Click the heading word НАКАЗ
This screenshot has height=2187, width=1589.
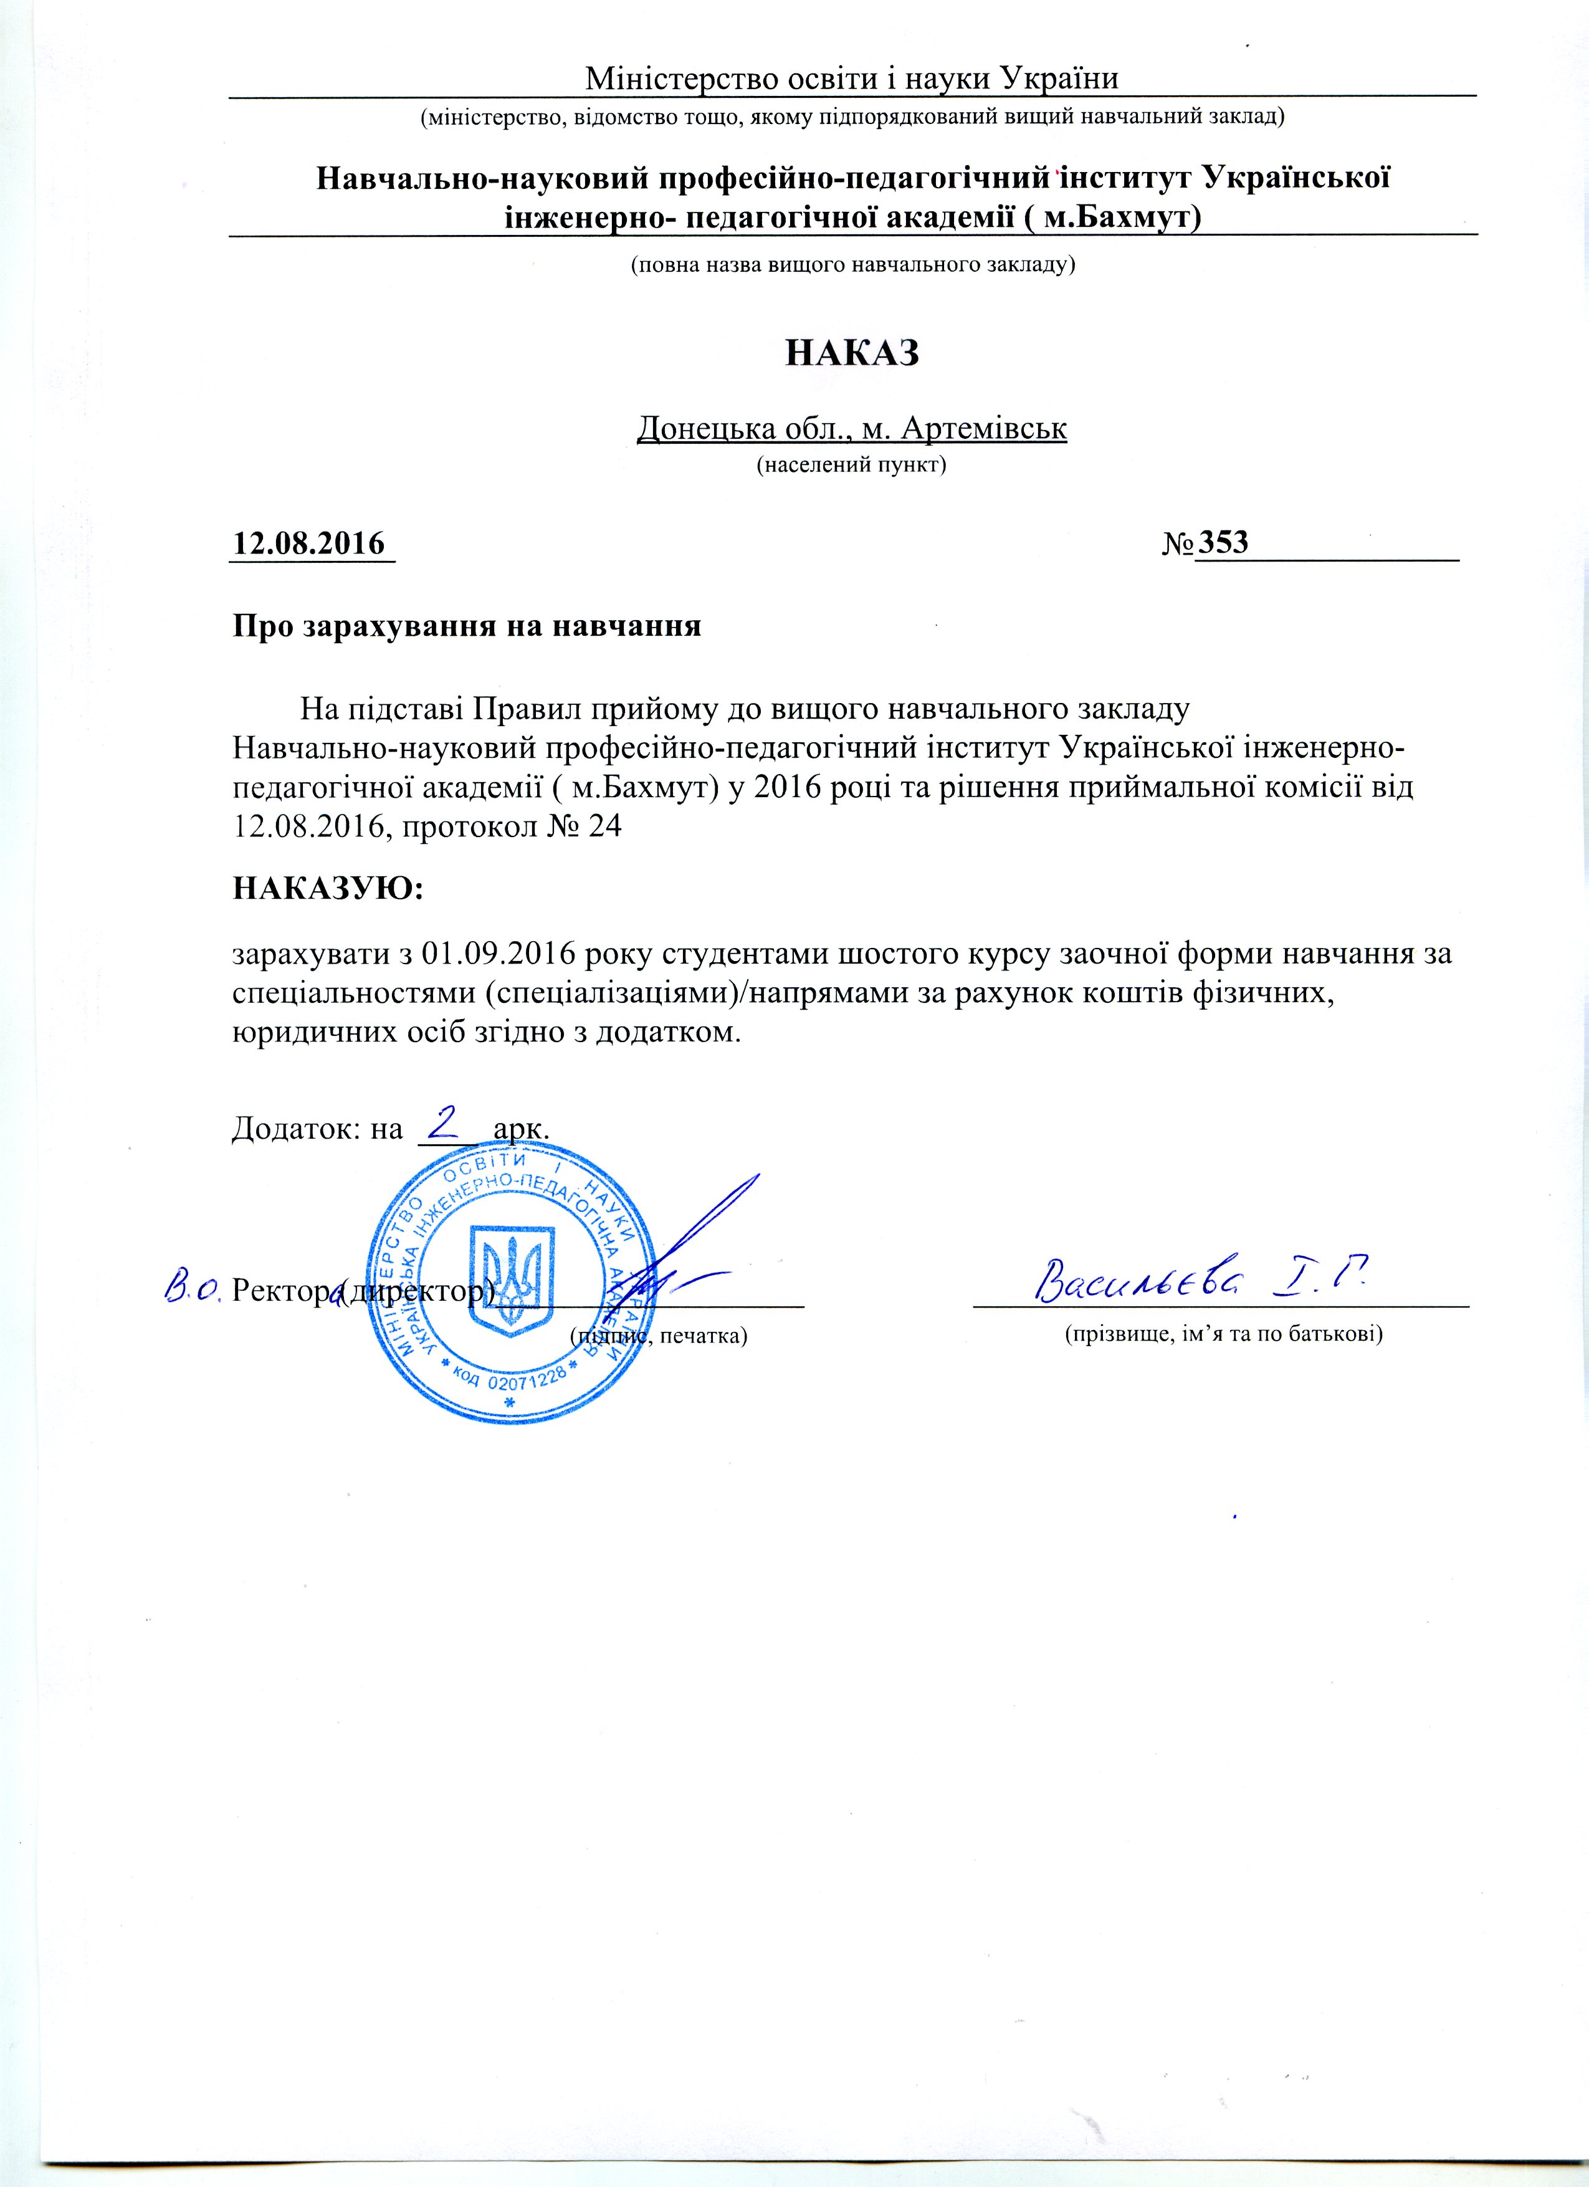[x=852, y=353]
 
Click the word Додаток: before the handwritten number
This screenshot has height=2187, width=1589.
[x=297, y=1127]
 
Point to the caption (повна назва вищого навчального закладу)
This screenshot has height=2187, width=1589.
[x=852, y=264]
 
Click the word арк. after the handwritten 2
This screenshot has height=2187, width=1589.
[x=521, y=1127]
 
